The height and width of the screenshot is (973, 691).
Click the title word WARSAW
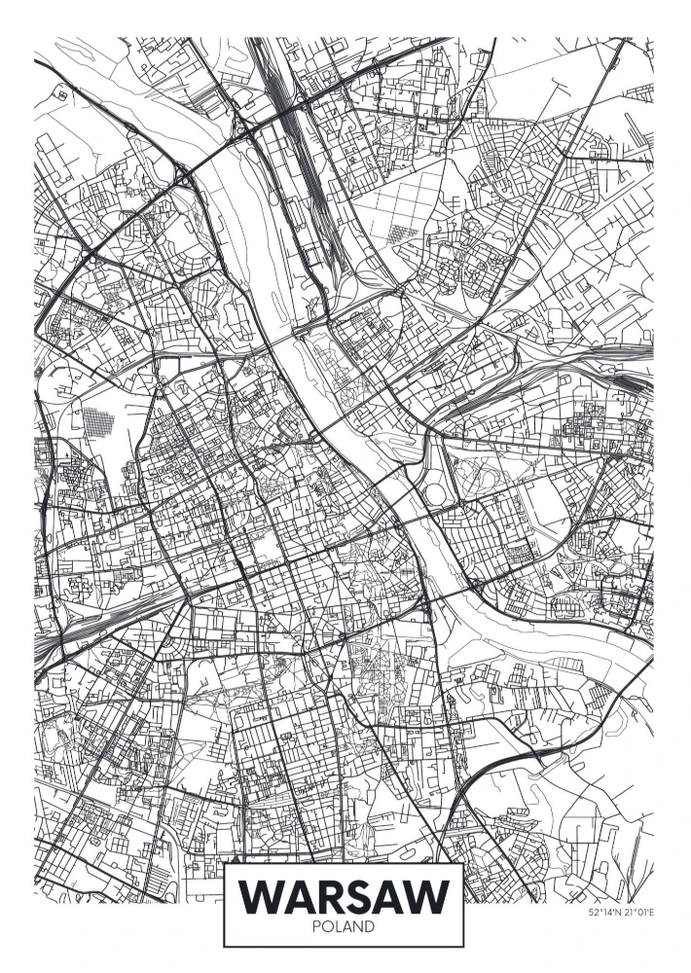pos(345,895)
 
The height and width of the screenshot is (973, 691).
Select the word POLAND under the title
pos(345,927)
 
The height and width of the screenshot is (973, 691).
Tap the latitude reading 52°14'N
pos(604,913)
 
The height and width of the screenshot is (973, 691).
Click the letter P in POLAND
pos(318,927)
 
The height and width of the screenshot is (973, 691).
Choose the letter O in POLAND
pos(329,927)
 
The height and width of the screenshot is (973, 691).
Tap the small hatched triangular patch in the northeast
pos(400,234)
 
